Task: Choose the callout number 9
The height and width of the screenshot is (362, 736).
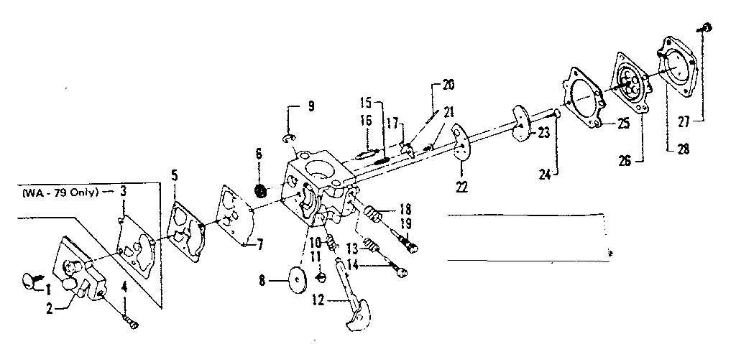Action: (310, 108)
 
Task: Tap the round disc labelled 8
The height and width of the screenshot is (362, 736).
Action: (295, 278)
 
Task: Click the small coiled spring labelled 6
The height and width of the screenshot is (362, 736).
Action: (262, 192)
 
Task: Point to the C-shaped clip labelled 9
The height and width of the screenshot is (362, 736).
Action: (289, 136)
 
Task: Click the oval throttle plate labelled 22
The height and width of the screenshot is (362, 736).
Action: (460, 143)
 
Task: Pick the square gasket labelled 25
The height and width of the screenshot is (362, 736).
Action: (584, 98)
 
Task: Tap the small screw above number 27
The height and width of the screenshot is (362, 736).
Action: (705, 27)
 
